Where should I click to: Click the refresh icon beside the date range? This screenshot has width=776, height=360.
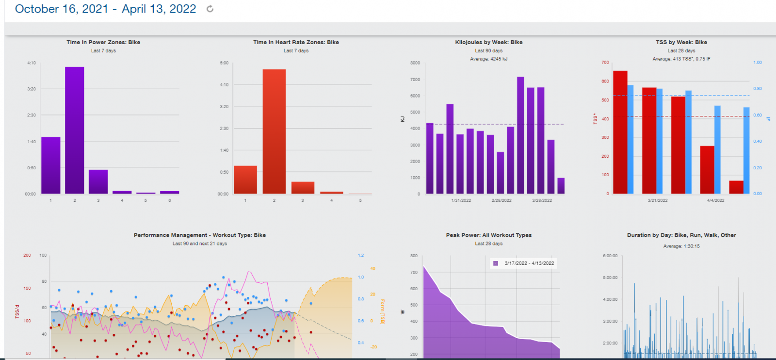(210, 9)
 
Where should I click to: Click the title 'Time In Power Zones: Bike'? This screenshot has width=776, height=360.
(103, 42)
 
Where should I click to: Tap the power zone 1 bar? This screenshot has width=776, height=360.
(51, 165)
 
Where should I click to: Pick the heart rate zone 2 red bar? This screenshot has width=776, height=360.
(274, 131)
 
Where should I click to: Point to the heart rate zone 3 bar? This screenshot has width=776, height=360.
(303, 188)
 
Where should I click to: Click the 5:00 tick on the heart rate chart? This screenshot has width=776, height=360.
(224, 63)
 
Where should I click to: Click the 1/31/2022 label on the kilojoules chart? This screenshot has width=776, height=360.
(461, 200)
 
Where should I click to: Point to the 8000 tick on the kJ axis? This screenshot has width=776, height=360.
(415, 63)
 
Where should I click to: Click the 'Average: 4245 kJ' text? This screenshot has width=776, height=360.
(488, 59)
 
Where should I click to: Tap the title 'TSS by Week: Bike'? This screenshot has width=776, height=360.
(681, 42)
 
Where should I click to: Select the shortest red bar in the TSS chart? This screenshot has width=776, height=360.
(736, 187)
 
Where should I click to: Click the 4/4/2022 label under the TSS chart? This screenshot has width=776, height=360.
(715, 200)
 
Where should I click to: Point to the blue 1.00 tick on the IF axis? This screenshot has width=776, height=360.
(758, 63)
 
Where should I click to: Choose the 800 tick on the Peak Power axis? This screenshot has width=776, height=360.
(414, 256)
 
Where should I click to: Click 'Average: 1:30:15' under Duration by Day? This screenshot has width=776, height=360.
(681, 246)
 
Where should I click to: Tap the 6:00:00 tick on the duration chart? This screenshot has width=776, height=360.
(610, 256)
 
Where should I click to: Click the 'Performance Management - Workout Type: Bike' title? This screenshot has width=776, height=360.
(200, 235)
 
